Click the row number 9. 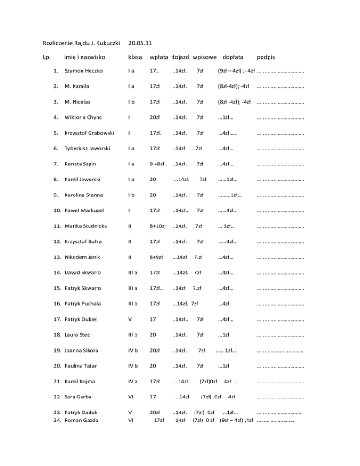point(55,194)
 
